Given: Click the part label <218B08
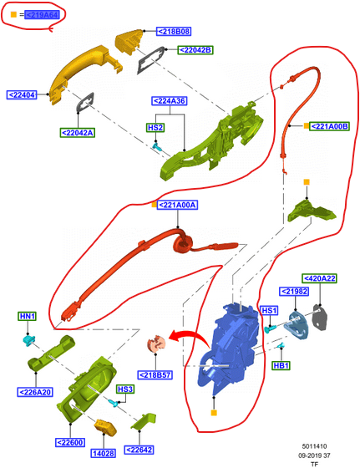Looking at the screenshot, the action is pos(174,32).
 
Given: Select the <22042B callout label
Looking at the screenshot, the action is pos(195,50).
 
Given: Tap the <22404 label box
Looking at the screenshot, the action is pos(22,95).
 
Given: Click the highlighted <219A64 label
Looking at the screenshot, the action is pos(42,15).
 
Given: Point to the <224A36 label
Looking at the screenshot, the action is pos(170,101).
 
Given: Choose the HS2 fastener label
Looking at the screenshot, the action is pos(155,128).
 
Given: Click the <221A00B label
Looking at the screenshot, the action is pos(329,126).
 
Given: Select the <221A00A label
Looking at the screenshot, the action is pos(177,205).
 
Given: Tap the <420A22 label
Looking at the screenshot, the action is pos(319,278).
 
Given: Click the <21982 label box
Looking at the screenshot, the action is pos(294,292).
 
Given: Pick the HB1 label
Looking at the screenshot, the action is pos(281,365).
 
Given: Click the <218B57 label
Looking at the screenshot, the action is pos(155,375).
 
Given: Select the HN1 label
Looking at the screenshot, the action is pos(27,316).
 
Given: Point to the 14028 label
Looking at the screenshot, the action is pos(104,453).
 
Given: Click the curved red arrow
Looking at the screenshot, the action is pos(191,337).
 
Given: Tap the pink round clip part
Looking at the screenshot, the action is pos(156,344).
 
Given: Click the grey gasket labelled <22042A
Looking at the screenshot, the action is pos(85,102).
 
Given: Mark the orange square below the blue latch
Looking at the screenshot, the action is pos(214,413).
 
